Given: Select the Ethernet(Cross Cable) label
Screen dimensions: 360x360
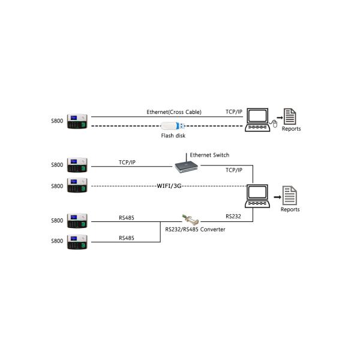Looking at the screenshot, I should point(174,112).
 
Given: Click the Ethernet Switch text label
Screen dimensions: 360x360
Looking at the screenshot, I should point(209,155).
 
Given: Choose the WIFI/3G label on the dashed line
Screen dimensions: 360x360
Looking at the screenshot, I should point(169,186).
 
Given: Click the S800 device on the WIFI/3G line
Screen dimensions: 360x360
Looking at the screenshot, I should point(78,185).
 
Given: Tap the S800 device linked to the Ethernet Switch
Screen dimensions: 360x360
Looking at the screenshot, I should point(78,164).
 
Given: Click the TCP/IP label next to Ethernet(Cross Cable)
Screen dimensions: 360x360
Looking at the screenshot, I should point(233,112).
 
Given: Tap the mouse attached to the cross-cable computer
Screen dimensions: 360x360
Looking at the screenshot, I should point(274,124).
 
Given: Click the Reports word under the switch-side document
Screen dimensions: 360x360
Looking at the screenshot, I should point(290,209).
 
